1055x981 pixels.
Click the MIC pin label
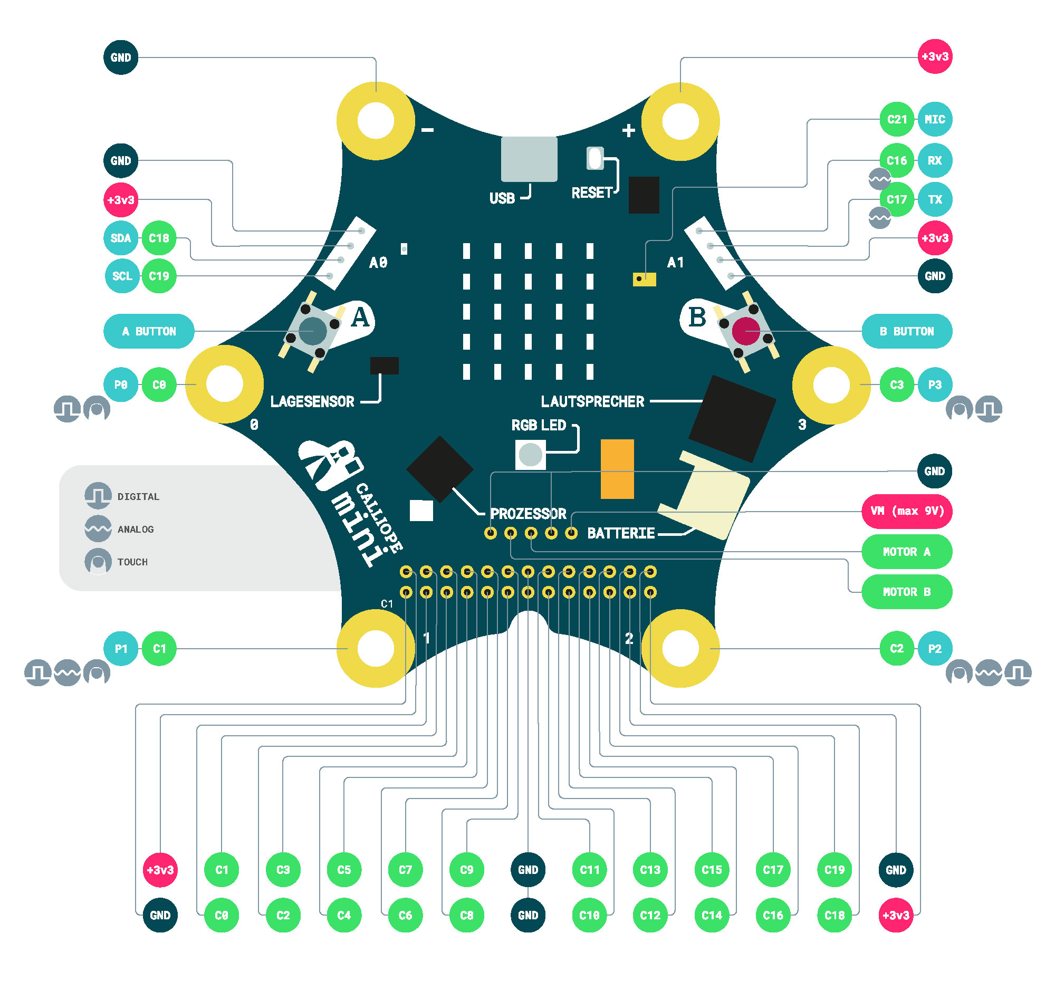(935, 119)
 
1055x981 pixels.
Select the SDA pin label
(120, 238)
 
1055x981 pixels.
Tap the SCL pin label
(122, 276)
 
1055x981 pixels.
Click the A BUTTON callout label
(149, 332)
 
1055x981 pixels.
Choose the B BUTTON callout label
(906, 332)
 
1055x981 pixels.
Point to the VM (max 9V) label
(906, 511)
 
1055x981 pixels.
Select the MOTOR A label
(906, 552)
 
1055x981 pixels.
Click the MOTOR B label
(906, 592)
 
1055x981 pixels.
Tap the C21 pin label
(897, 119)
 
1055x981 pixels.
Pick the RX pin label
(935, 160)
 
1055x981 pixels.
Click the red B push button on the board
(745, 331)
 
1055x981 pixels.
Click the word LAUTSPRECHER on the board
(592, 402)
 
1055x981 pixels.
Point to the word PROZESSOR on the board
(528, 514)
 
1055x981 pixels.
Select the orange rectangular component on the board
(617, 469)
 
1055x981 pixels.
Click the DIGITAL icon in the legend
(98, 496)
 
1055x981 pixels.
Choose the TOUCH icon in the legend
(98, 561)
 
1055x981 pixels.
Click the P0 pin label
(121, 384)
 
